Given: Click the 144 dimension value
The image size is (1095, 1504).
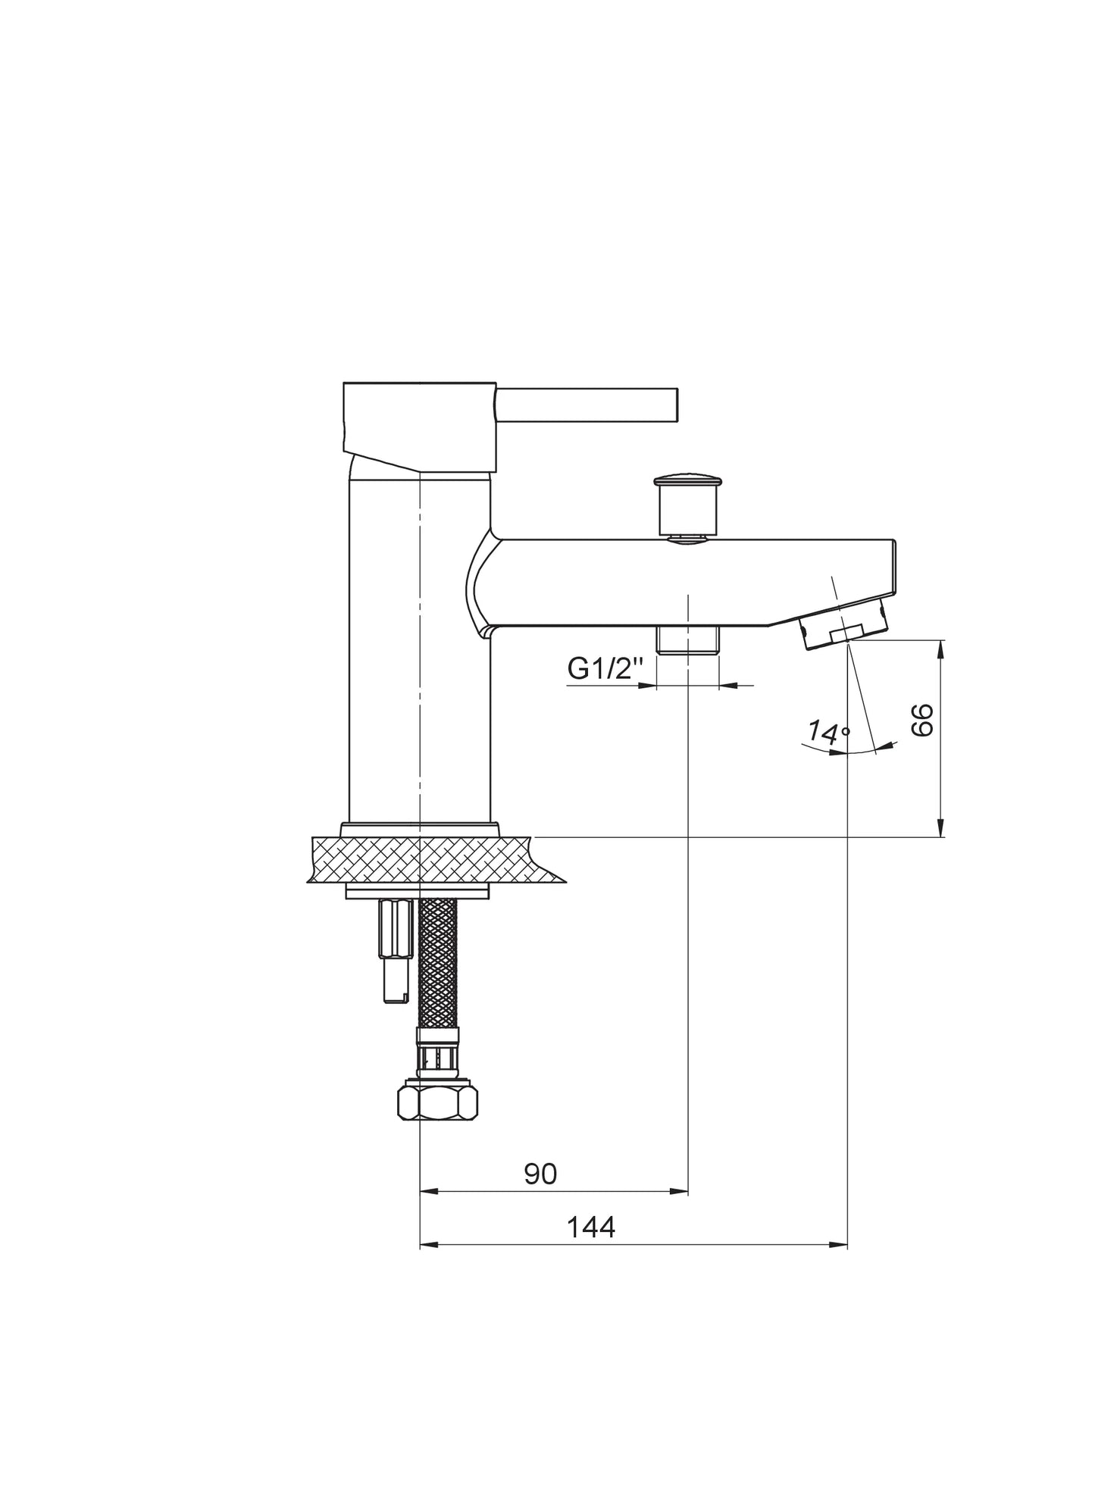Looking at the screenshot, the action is click(x=591, y=1227).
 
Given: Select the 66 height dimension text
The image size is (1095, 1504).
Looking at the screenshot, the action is click(x=922, y=720).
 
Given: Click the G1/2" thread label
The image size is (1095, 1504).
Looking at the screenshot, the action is click(x=605, y=669).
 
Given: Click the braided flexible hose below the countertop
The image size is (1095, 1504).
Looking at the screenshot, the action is click(x=438, y=963).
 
